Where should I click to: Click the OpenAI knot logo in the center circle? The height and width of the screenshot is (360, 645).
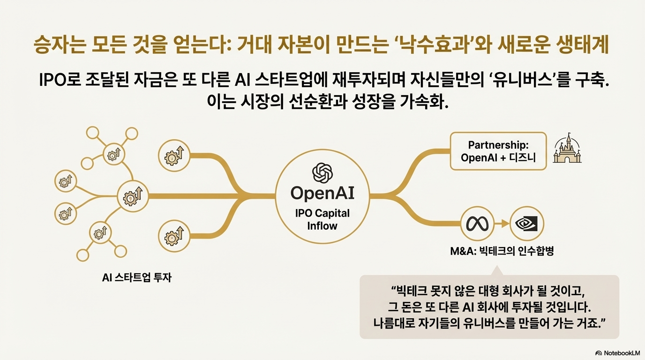coord(322,172)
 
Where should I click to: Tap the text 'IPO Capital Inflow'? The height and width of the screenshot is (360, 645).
coord(322,219)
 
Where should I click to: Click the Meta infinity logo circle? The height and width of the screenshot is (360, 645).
coord(478,224)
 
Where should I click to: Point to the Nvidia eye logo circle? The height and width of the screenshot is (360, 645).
coord(526,224)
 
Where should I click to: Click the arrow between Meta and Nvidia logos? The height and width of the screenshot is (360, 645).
coord(502,224)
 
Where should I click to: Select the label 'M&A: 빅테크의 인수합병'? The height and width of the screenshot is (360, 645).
coord(502,252)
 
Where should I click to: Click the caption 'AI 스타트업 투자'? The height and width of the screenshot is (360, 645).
coord(137,277)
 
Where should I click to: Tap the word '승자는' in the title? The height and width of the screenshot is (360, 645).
coord(57,47)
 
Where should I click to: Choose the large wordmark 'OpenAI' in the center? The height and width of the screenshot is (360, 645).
coord(322,193)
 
